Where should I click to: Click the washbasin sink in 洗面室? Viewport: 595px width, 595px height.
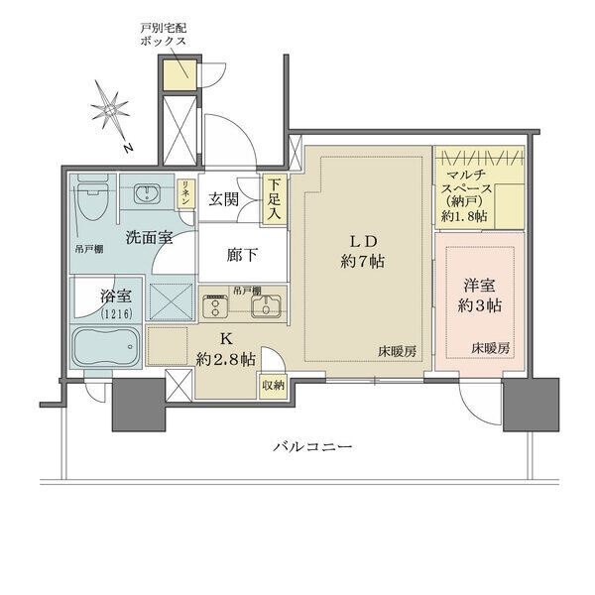click(x=151, y=191)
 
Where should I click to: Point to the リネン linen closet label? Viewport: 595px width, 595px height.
click(x=185, y=192)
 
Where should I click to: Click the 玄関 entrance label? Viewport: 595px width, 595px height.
click(x=224, y=198)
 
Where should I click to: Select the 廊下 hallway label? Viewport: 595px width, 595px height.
click(x=243, y=255)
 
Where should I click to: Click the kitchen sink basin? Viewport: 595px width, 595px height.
click(x=265, y=308)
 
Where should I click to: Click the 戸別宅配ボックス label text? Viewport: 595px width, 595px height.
click(x=163, y=38)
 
